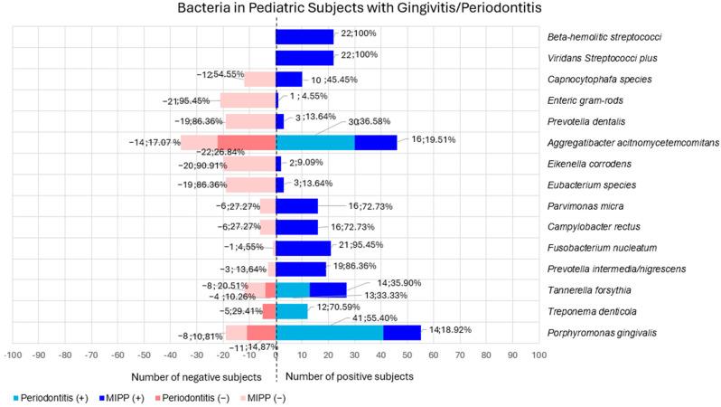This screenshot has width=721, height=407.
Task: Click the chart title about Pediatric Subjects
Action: point(360,10)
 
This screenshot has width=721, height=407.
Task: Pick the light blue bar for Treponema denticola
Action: point(291,311)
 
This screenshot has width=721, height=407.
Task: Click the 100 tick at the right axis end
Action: point(538,355)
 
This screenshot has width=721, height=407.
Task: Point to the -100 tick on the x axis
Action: point(13,355)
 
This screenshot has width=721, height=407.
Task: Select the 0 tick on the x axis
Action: point(276,355)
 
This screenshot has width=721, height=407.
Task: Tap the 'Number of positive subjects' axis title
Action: point(349,375)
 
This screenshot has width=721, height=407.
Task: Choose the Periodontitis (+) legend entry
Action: point(53,397)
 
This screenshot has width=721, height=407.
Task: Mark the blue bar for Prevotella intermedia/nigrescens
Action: point(301,269)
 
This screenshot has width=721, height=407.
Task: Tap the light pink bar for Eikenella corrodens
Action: point(250,164)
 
